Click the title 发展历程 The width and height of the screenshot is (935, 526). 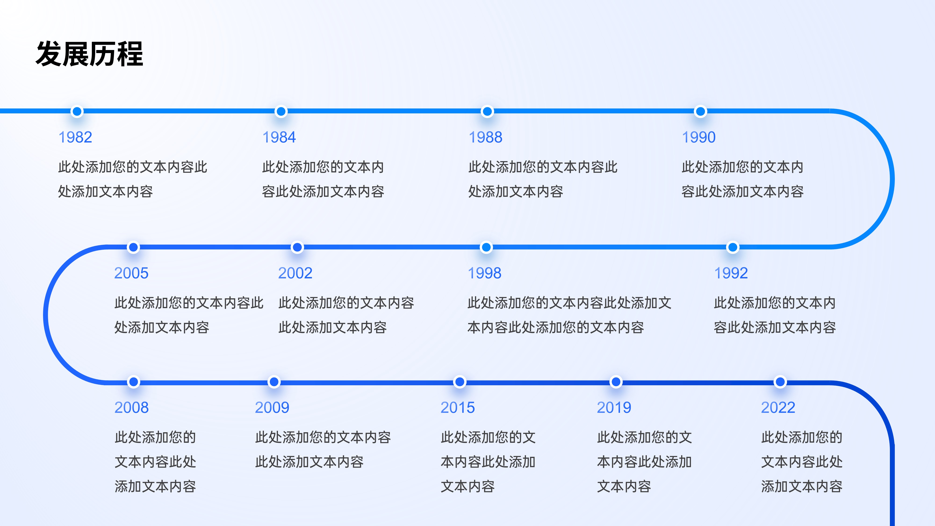89,54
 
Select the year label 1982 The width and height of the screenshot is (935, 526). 75,137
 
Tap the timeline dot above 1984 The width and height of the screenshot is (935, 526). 281,112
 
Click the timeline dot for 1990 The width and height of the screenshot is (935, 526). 700,112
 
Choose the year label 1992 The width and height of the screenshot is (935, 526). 731,273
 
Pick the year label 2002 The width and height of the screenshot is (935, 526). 295,273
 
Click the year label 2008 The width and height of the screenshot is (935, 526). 131,407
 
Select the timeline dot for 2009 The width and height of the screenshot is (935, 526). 274,382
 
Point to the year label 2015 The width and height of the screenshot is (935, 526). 457,407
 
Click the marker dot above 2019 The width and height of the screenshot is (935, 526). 616,382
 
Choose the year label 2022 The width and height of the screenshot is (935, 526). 778,407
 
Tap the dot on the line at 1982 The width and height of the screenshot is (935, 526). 77,112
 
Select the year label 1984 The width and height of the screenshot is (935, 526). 279,137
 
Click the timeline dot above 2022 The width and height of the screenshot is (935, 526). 780,382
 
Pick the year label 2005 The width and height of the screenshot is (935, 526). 131,273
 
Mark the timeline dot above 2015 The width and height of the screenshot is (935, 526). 460,382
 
